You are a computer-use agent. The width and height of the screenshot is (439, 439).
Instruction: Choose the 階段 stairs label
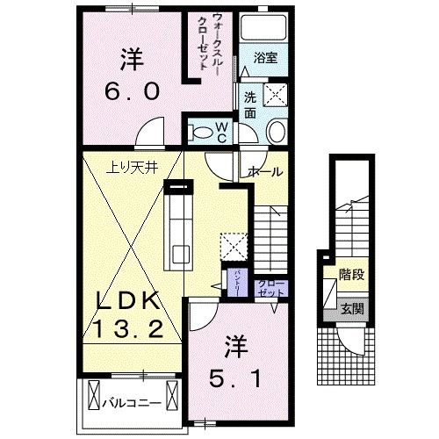(x=351, y=274)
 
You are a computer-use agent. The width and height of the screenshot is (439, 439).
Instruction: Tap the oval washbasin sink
(x=274, y=133)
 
